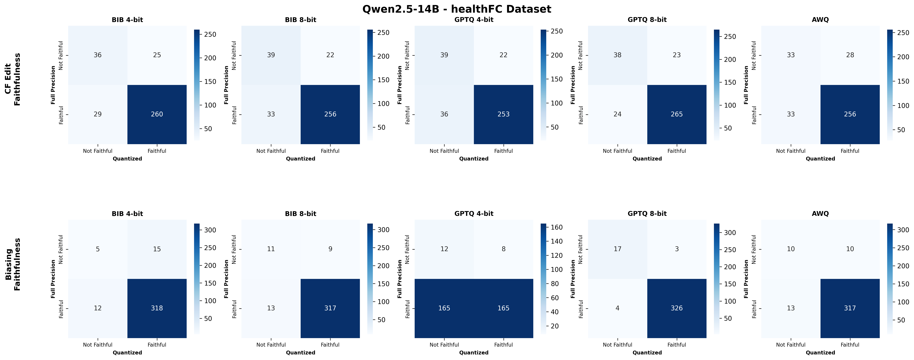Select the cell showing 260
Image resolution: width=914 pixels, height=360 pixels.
pyautogui.click(x=157, y=114)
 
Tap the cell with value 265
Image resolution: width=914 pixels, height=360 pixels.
pyautogui.click(x=677, y=114)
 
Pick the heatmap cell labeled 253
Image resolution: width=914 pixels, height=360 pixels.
pyautogui.click(x=504, y=114)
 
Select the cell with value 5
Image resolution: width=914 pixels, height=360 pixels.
pyautogui.click(x=98, y=249)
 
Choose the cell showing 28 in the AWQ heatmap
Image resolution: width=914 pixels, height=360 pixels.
pyautogui.click(x=850, y=55)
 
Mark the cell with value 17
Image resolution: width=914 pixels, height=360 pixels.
pyautogui.click(x=617, y=249)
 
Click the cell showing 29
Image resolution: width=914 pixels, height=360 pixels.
pyautogui.click(x=98, y=114)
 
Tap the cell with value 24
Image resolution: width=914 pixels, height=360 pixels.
pyautogui.click(x=617, y=114)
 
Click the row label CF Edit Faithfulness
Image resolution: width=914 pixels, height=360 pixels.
pyautogui.click(x=13, y=79)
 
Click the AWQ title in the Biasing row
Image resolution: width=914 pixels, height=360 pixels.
pyautogui.click(x=820, y=214)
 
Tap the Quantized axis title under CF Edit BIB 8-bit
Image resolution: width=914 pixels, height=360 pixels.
pyautogui.click(x=301, y=158)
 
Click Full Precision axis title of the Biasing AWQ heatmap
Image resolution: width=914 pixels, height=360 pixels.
pyautogui.click(x=746, y=279)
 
